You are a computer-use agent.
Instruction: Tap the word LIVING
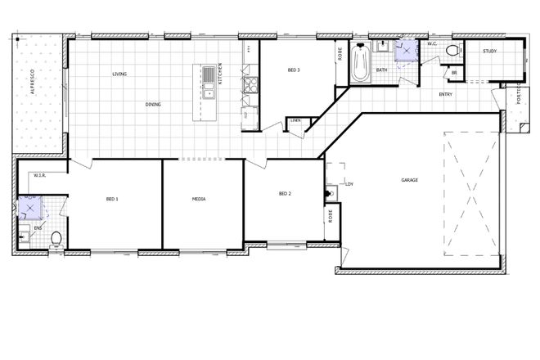(x=119, y=74)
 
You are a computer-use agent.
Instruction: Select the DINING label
(x=153, y=105)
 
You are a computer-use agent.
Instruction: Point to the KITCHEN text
(x=219, y=74)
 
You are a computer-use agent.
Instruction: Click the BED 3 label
(x=294, y=70)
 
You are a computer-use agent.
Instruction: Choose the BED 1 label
(x=112, y=199)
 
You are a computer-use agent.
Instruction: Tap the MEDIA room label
(x=199, y=199)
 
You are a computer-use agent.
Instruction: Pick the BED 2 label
(x=285, y=194)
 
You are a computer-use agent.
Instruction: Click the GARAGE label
(x=410, y=180)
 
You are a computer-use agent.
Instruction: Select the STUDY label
(x=489, y=52)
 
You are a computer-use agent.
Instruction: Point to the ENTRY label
(x=446, y=95)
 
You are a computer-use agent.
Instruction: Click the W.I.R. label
(x=38, y=176)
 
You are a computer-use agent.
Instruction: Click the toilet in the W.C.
(x=451, y=52)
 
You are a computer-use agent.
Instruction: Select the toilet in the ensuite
(x=56, y=238)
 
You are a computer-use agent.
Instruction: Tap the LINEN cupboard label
(x=295, y=121)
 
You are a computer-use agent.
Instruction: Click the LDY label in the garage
(x=349, y=184)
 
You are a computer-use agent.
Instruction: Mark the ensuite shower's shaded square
(x=29, y=207)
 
